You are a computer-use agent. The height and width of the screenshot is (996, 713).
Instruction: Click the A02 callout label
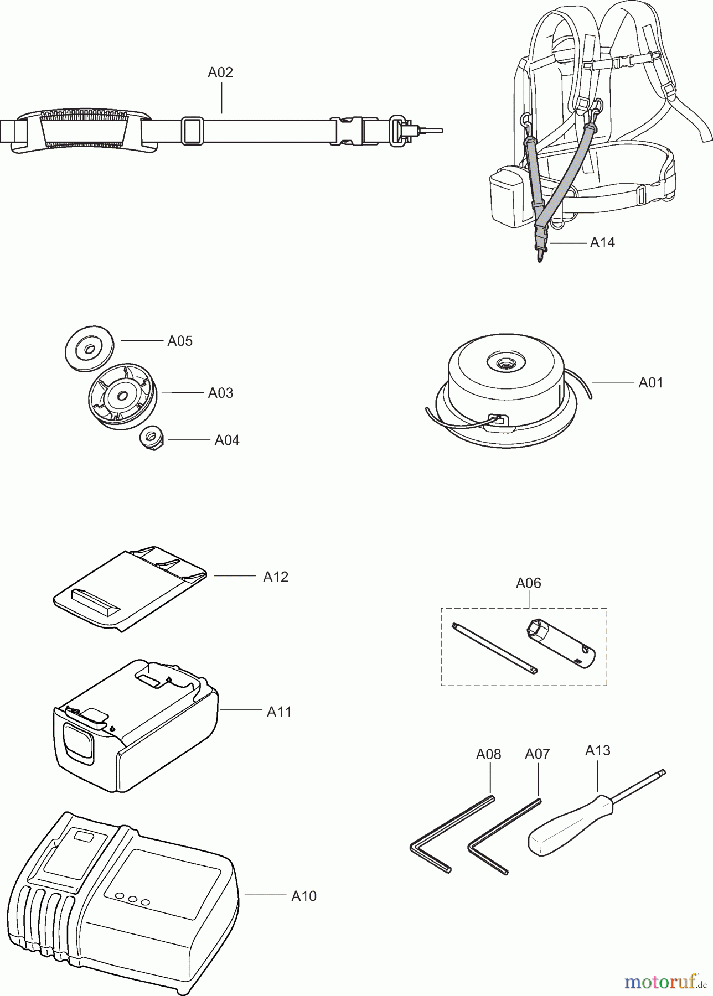click(220, 72)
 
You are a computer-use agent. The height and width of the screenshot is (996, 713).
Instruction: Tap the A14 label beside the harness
click(602, 242)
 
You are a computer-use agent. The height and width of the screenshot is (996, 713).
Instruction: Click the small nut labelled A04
click(150, 440)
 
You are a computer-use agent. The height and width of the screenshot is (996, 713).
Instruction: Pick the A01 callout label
click(650, 382)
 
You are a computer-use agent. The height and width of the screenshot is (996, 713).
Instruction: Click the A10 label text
click(304, 896)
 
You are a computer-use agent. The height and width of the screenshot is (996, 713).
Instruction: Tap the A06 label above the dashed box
click(528, 583)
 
